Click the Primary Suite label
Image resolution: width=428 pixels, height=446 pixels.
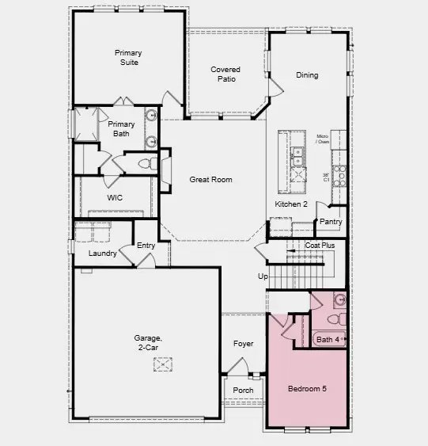pos(127,58)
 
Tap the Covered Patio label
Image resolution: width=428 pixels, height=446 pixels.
pos(225,74)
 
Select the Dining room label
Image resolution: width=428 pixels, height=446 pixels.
pos(307,75)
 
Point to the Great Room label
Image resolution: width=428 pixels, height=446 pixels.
pos(210,180)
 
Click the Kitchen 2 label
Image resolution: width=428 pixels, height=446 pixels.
pos(291,204)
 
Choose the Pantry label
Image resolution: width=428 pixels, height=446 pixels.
pos(331,222)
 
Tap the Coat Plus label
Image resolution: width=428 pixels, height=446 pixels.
pos(320,246)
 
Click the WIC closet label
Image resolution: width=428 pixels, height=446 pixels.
pos(115,198)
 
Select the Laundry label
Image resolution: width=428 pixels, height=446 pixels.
pos(103,253)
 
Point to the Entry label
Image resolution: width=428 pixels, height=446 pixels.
pos(146,246)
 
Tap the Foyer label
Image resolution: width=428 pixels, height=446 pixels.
pos(243,344)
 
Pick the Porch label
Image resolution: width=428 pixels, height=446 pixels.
pos(244,390)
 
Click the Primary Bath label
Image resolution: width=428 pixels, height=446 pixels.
pos(121,129)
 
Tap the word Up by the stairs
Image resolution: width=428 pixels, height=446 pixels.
pos(263,276)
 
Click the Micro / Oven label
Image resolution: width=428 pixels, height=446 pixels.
pos(323,139)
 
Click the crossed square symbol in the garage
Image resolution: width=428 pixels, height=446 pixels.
pos(164,364)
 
